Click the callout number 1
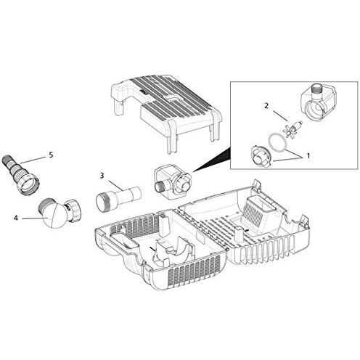[x=308, y=156]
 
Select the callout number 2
[x=266, y=106]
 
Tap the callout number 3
[x=102, y=176]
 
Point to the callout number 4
[x=16, y=218]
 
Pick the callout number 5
[x=51, y=155]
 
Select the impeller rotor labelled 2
[x=292, y=128]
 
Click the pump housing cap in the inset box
[x=261, y=157]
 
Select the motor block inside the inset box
[x=317, y=102]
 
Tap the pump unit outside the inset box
[x=173, y=182]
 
